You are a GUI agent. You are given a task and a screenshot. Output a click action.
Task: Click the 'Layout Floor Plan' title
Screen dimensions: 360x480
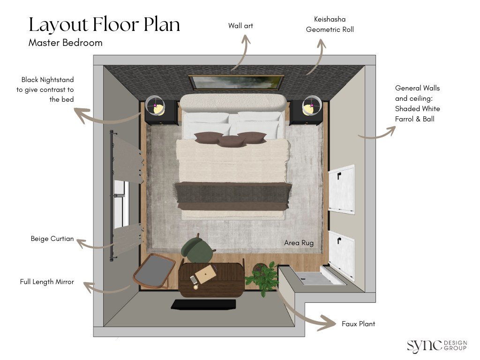click(x=104, y=24)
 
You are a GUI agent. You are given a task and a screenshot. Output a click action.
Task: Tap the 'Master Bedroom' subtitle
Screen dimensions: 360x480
click(x=65, y=43)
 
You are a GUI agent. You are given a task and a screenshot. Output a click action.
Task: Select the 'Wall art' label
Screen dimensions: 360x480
click(x=240, y=26)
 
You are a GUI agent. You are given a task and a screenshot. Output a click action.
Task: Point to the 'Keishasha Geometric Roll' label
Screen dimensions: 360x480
click(x=330, y=24)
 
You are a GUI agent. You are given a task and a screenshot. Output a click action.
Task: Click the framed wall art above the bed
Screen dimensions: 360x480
click(x=236, y=82)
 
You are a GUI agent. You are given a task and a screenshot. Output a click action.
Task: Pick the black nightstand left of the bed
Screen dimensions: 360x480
click(x=161, y=112)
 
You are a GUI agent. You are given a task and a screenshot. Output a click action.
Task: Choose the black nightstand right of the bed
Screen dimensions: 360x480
click(x=306, y=112)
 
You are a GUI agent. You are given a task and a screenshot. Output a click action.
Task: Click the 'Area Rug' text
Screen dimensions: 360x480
click(x=299, y=243)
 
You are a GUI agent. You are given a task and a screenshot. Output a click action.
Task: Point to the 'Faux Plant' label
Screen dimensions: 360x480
click(x=358, y=324)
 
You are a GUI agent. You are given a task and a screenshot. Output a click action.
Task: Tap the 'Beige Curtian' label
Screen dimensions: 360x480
click(x=52, y=239)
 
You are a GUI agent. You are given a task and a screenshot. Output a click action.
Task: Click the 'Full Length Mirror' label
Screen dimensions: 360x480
click(x=47, y=282)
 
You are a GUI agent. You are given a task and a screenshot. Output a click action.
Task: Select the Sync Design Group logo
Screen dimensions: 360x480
click(x=436, y=345)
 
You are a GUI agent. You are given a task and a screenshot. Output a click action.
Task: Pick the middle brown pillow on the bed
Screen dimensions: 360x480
click(x=230, y=141)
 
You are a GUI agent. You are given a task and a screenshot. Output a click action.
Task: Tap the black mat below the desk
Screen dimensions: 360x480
click(x=202, y=305)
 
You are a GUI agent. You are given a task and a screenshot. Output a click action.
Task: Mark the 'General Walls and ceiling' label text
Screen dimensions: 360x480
click(x=417, y=103)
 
